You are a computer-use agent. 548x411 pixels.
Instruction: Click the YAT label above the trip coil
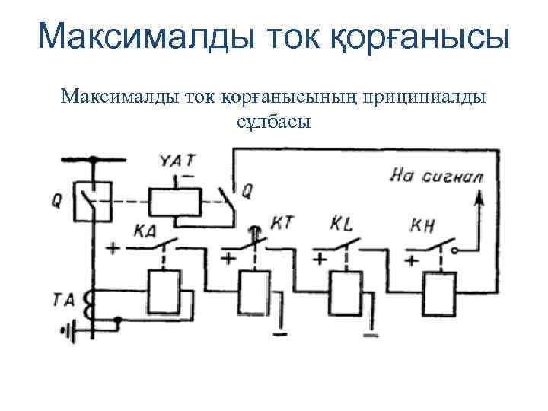point(178,161)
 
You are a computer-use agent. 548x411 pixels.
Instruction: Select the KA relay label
point(145,230)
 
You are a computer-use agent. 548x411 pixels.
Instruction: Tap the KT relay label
point(282,223)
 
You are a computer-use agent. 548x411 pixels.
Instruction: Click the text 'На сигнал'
point(437,176)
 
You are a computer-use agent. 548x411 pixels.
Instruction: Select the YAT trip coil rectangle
point(174,202)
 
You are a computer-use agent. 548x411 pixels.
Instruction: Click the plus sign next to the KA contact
point(114,248)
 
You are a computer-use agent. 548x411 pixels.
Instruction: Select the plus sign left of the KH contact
point(412,260)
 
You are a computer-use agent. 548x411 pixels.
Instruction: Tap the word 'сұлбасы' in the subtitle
point(273,121)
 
